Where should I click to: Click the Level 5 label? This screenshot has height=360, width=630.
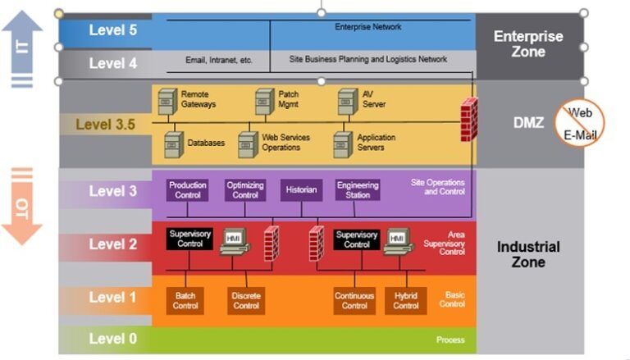[112, 31]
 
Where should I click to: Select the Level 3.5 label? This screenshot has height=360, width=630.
[106, 125]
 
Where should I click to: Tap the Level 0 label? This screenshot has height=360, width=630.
[112, 338]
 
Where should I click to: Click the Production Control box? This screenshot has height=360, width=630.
[187, 190]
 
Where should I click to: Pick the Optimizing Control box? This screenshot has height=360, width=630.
[245, 190]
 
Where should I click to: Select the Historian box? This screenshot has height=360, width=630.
[300, 190]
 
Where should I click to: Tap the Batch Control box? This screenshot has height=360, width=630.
[185, 301]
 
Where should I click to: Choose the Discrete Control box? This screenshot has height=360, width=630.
[245, 301]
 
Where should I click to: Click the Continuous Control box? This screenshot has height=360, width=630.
[354, 301]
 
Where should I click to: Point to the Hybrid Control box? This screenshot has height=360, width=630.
[405, 301]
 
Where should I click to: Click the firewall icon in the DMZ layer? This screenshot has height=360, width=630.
[468, 116]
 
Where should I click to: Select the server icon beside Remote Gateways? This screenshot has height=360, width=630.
[167, 101]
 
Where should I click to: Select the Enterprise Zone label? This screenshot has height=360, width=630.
[527, 43]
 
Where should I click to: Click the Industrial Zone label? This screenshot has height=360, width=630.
[527, 254]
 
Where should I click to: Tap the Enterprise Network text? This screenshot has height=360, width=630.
[368, 27]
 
